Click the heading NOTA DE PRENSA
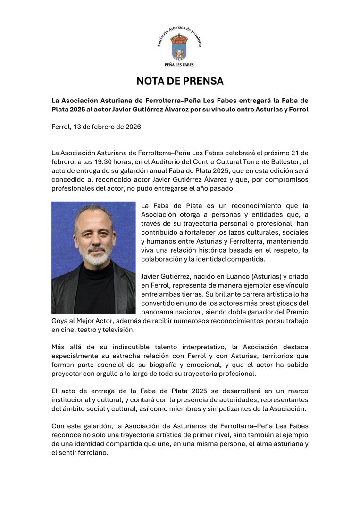(180, 81)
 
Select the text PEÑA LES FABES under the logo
(179, 65)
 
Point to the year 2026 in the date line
(132, 127)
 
